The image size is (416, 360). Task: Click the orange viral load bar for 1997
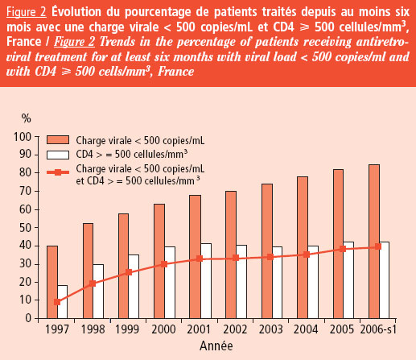[x=52, y=282]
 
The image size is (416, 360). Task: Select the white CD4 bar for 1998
[x=97, y=291]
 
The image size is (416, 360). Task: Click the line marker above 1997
[x=57, y=302]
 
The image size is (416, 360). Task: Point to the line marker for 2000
[x=164, y=263]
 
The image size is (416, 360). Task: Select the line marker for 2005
[x=342, y=249]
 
